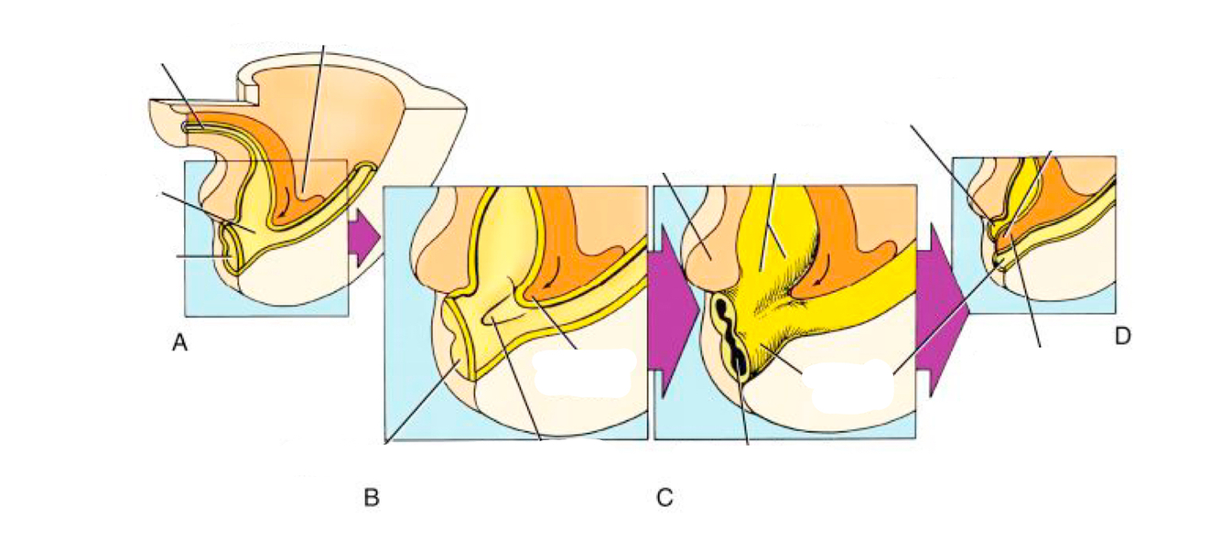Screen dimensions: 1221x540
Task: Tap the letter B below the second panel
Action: pos(372,498)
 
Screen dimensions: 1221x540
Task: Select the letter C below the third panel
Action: pos(665,498)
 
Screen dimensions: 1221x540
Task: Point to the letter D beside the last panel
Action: pos(1123,337)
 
